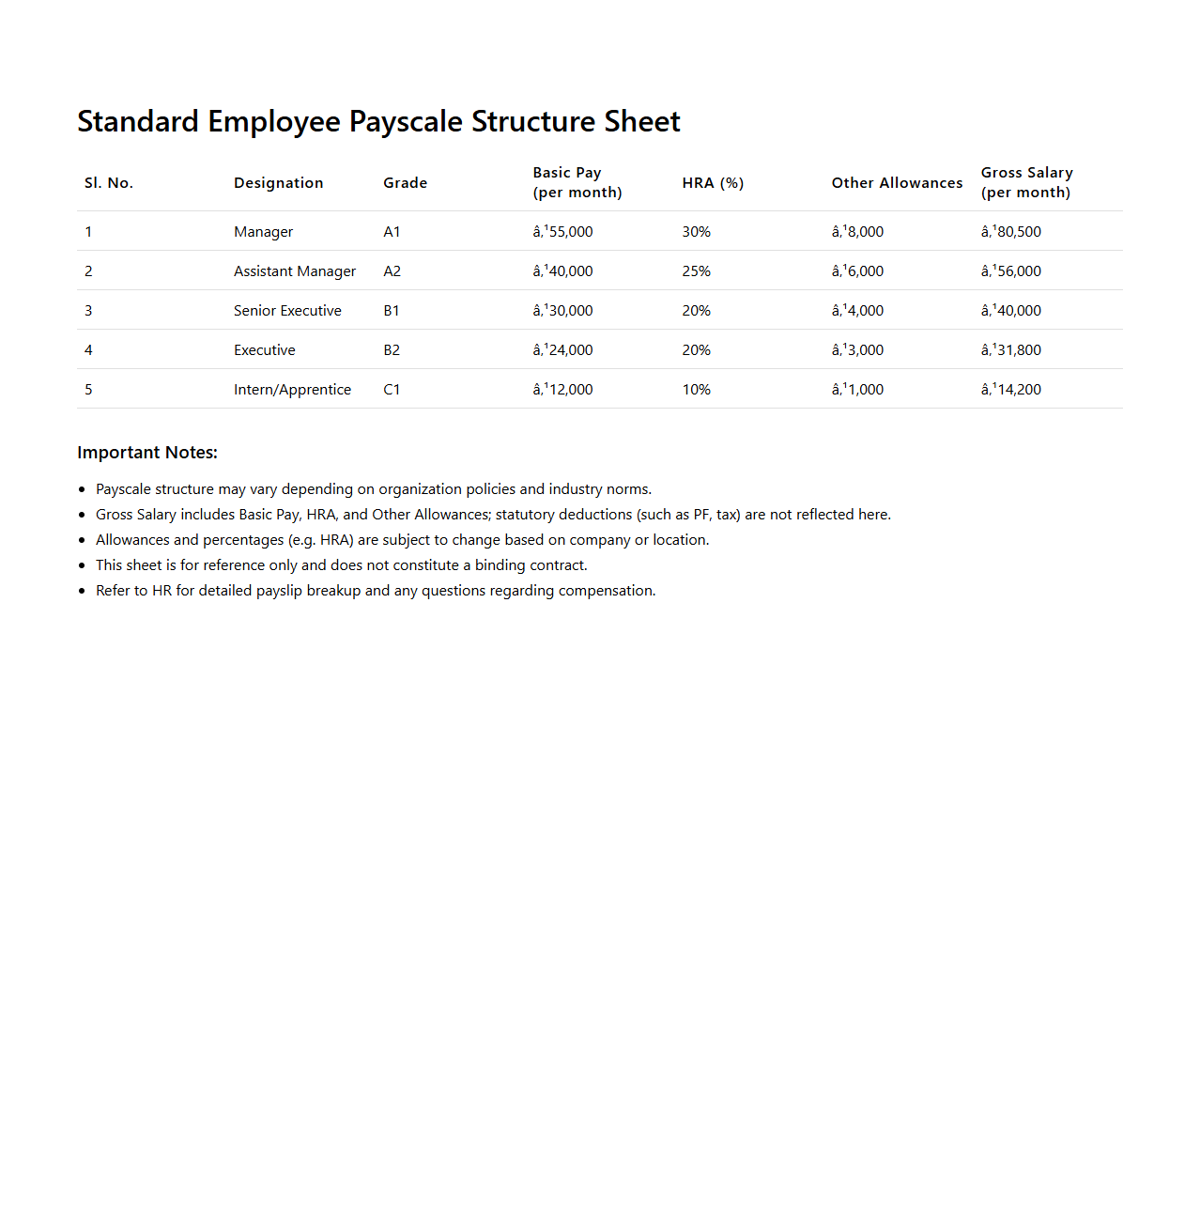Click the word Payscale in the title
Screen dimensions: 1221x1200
coord(406,122)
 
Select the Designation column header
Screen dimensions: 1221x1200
coord(278,183)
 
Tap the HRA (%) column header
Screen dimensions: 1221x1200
coord(713,183)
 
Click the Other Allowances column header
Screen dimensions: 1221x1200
coord(897,183)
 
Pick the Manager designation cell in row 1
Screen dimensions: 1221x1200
coord(263,232)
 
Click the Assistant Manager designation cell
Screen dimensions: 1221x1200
coord(295,271)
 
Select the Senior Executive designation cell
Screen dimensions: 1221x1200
coord(287,311)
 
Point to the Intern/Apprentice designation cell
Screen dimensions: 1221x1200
coord(292,390)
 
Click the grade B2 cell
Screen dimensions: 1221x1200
coord(392,350)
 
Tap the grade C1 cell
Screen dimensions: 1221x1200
coord(392,390)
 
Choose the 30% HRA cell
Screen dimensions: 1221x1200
coord(696,232)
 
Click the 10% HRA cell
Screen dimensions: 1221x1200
coord(696,390)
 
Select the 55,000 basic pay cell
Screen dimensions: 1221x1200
coord(563,232)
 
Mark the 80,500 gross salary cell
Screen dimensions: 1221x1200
coord(1011,232)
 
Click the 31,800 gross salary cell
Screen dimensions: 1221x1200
coord(1011,350)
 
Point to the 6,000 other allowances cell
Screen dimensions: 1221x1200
coord(857,271)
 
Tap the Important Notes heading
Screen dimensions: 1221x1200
coord(147,453)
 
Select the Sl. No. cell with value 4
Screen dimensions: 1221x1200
coord(88,350)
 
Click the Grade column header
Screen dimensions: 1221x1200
coord(405,183)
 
